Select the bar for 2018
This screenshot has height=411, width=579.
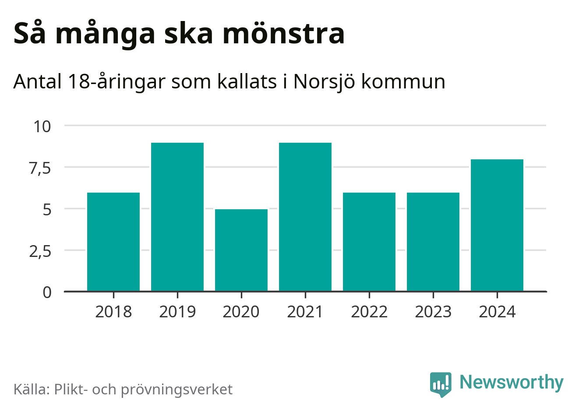(113, 242)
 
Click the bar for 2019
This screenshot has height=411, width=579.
(177, 217)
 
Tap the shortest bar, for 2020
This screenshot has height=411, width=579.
(241, 250)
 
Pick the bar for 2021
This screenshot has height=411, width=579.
(305, 217)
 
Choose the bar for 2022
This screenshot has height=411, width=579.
(369, 242)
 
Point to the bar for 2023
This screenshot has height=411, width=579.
(433, 242)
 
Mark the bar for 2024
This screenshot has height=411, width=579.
(497, 225)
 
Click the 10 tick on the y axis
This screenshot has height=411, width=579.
(42, 126)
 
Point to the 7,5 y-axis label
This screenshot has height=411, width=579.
(40, 168)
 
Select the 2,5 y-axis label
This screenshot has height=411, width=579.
(40, 251)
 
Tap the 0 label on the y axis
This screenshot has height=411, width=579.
(47, 292)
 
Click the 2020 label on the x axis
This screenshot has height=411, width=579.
(241, 312)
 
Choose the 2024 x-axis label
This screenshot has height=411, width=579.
(497, 312)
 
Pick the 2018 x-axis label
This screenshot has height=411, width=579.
(113, 312)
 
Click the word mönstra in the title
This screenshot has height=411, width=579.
(283, 34)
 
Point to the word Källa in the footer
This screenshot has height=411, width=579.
(32, 389)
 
